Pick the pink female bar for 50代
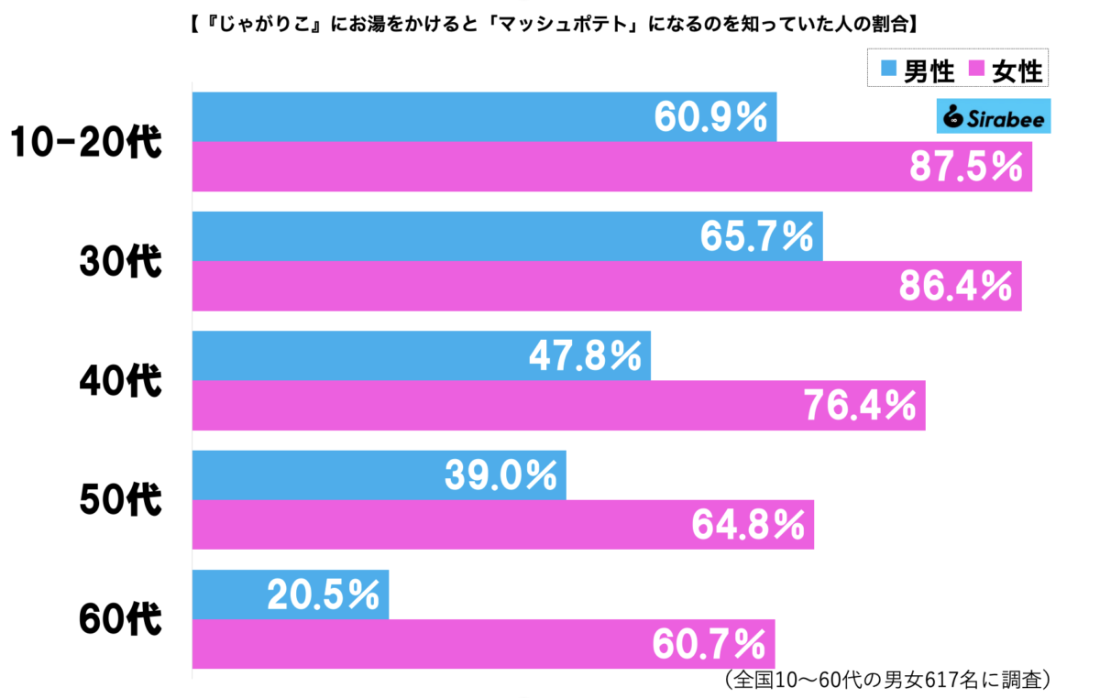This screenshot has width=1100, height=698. click(x=458, y=525)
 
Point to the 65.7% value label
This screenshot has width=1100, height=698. click(x=756, y=236)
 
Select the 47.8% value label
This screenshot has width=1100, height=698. click(x=585, y=356)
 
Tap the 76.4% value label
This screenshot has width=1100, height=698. click(x=860, y=406)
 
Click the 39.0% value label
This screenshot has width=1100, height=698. click(x=500, y=475)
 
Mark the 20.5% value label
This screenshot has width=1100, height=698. click(x=324, y=595)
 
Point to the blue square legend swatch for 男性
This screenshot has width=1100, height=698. click(x=888, y=69)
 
